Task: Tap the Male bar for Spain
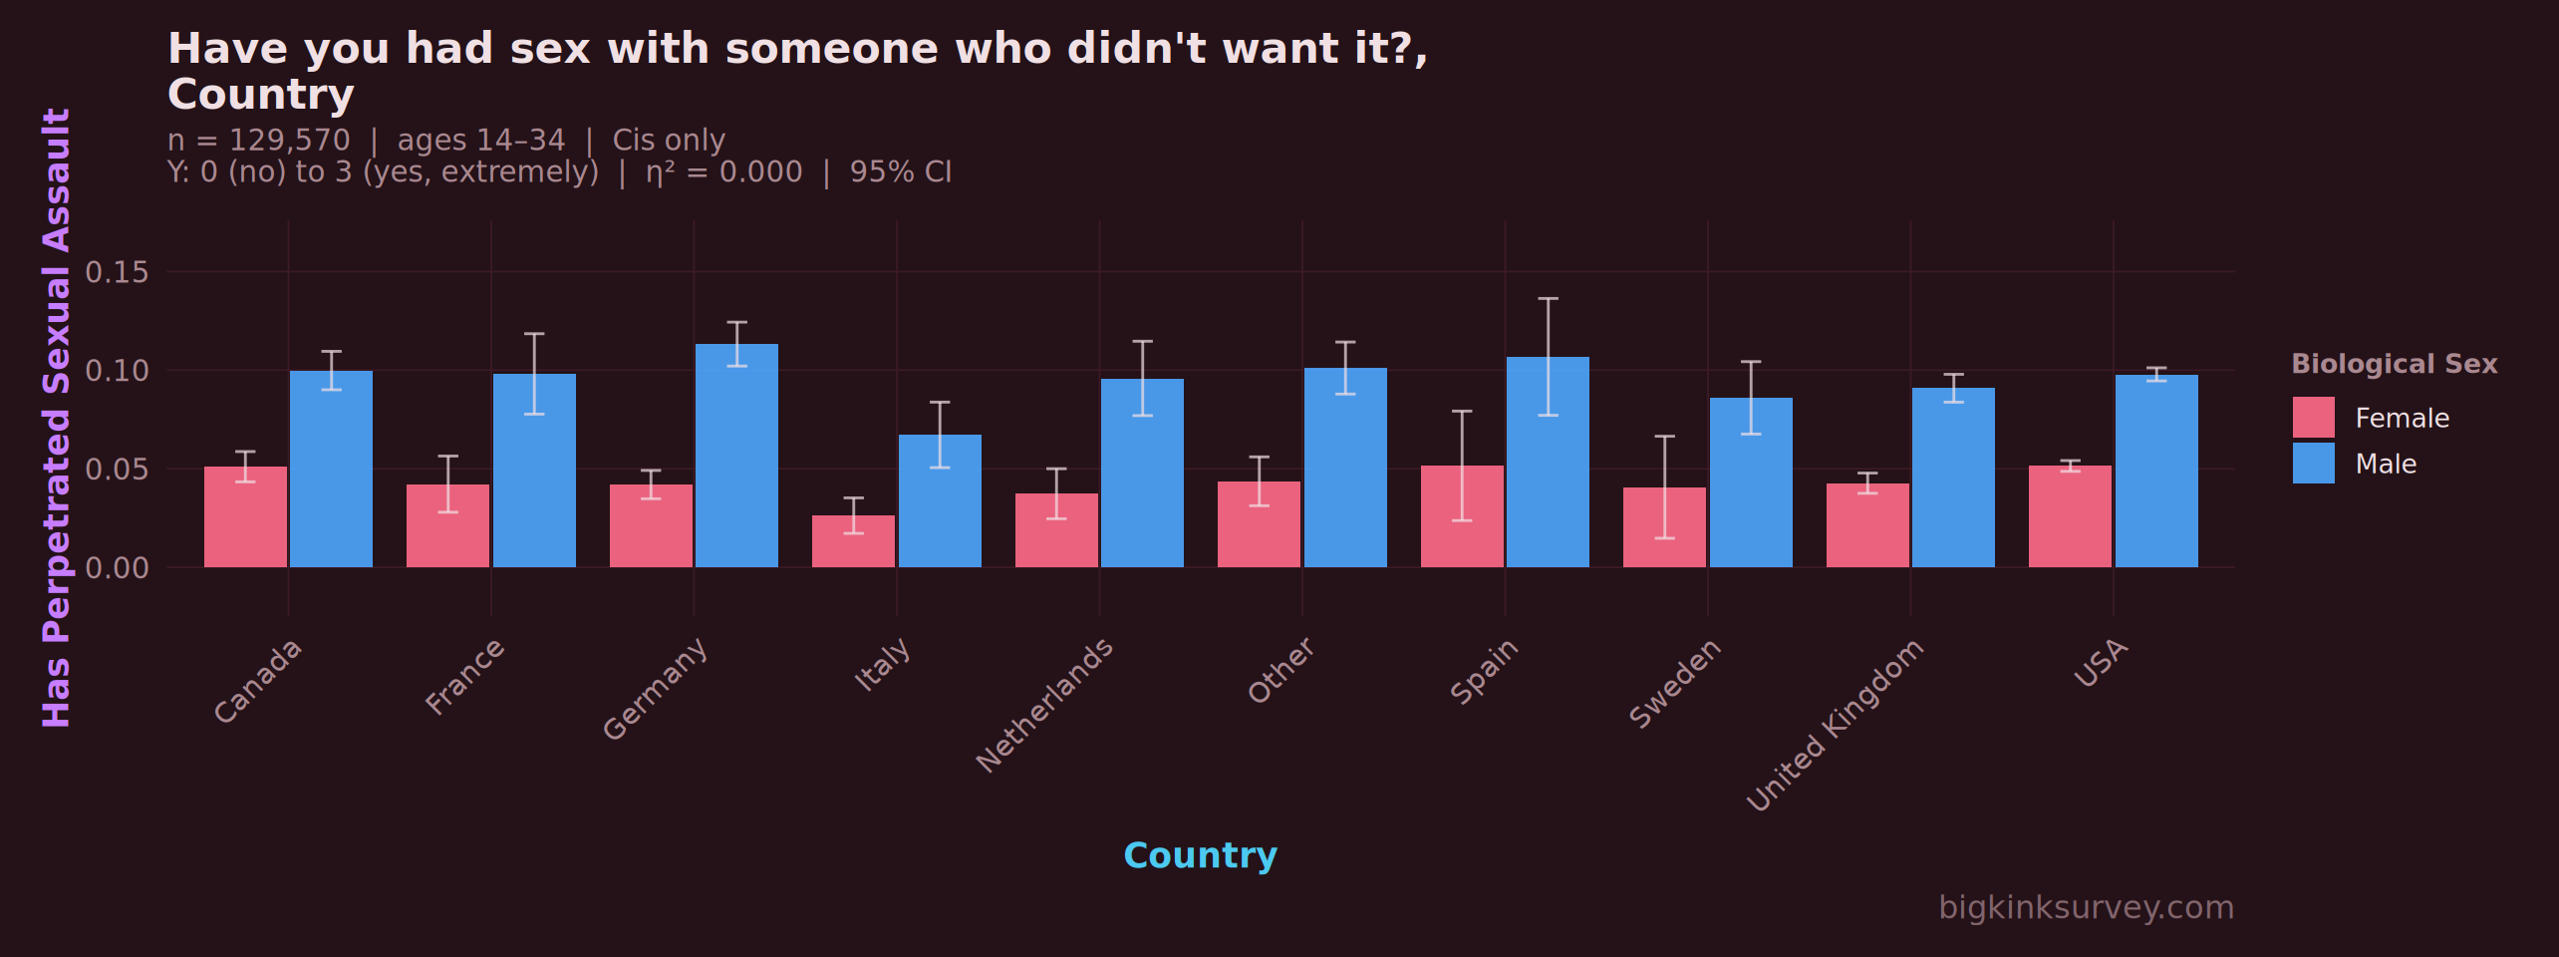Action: pyautogui.click(x=1548, y=463)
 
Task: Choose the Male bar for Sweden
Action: pyautogui.click(x=1751, y=482)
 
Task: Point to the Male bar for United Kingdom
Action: pyautogui.click(x=1953, y=478)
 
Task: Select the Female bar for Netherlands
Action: pyautogui.click(x=1056, y=530)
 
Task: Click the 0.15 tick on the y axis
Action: pyautogui.click(x=117, y=272)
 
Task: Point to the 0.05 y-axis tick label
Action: pyautogui.click(x=117, y=469)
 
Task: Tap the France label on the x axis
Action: pyautogui.click(x=465, y=677)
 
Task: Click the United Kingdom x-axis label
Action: pyautogui.click(x=1836, y=724)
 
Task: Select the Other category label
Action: pyautogui.click(x=1281, y=670)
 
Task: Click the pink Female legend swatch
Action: pyautogui.click(x=2313, y=418)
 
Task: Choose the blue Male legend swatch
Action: pyautogui.click(x=2313, y=464)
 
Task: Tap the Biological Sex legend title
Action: pyautogui.click(x=2394, y=364)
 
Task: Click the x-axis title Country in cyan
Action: pyautogui.click(x=1200, y=855)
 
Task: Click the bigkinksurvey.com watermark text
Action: pyautogui.click(x=2086, y=907)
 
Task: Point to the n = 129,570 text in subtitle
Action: pyautogui.click(x=259, y=141)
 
